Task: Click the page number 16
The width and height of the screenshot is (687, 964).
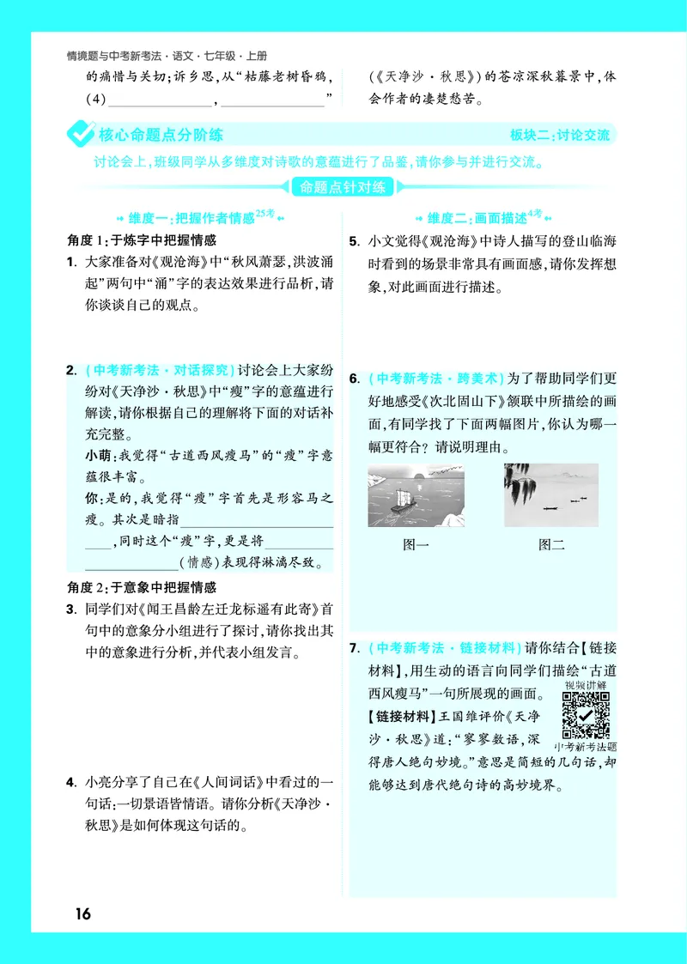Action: click(82, 912)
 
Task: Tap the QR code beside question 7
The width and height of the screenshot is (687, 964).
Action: click(586, 715)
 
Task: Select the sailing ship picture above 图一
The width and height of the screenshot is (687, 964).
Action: click(416, 495)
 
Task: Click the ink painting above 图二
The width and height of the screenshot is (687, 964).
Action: click(550, 495)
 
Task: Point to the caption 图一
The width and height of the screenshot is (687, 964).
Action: click(416, 544)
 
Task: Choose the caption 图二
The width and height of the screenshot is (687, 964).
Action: click(551, 544)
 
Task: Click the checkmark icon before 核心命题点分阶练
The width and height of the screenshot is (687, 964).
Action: click(81, 135)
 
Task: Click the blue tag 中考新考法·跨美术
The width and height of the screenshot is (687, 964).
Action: click(435, 378)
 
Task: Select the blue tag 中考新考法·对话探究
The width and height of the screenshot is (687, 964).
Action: click(161, 371)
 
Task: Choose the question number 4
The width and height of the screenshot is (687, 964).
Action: click(71, 782)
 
